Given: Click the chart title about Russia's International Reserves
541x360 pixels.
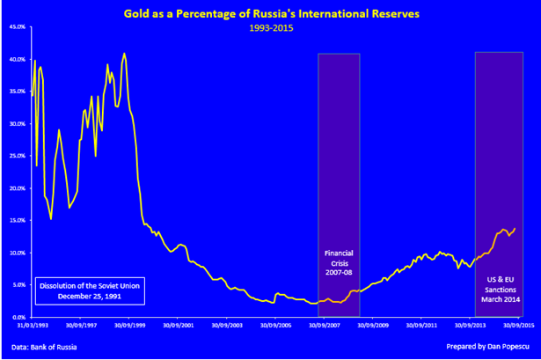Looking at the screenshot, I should pos(270,14).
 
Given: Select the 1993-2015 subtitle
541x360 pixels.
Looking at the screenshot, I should pos(270,27).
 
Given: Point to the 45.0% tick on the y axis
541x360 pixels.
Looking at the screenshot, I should pos(16,27).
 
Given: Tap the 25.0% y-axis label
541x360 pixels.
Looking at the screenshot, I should pos(16,156).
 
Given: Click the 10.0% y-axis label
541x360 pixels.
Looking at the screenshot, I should pos(16,253).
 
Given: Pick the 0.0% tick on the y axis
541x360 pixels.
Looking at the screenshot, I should pos(18,317).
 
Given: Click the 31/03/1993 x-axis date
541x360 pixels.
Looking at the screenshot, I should pos(33,325).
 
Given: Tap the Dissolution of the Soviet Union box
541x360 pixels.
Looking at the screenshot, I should pos(88,290).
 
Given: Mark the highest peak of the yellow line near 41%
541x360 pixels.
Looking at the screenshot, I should pos(124,54).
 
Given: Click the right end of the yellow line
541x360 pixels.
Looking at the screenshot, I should pos(515,228).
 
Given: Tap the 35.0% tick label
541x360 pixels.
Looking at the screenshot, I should pos(16,92).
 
